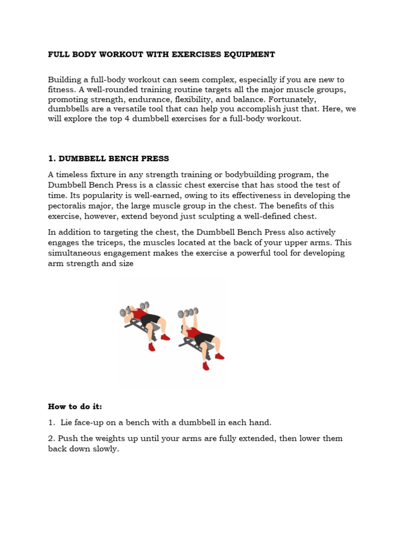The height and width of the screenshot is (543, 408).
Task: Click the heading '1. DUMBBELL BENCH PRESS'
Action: pyautogui.click(x=108, y=159)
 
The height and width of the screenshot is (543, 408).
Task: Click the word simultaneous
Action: pyautogui.click(x=74, y=253)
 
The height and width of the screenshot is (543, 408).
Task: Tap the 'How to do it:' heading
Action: pyautogui.click(x=74, y=407)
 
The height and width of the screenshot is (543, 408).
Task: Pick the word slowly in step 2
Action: pyautogui.click(x=105, y=449)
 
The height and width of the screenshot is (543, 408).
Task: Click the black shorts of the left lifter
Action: pyautogui.click(x=150, y=320)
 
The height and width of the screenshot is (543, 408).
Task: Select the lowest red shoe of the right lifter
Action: pyautogui.click(x=206, y=366)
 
